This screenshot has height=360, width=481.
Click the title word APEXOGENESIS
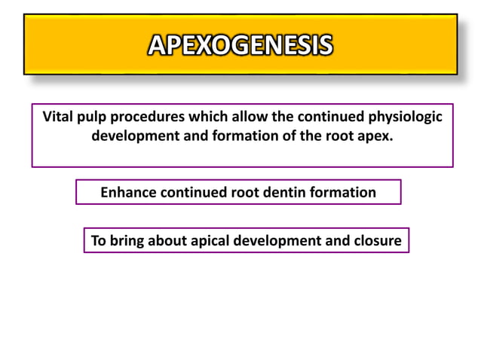pos(240,45)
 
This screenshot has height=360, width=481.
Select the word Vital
pos(57,117)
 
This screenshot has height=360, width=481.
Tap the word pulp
pos(94,117)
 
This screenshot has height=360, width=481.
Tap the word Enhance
pos(128,193)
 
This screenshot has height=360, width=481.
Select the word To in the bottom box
pos(98,242)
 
